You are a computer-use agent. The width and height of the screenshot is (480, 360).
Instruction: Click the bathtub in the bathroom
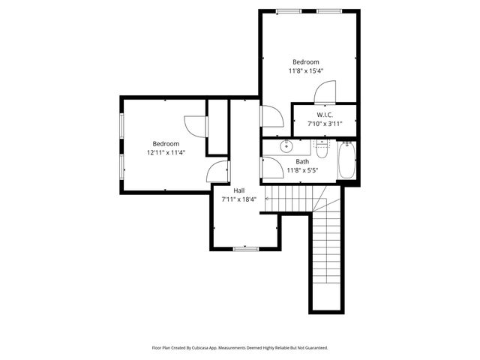tap(346, 160)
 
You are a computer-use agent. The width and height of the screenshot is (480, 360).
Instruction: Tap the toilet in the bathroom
tap(322, 150)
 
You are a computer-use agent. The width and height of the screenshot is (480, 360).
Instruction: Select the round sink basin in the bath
tap(286, 146)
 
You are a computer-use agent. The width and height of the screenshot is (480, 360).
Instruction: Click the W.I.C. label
tap(325, 115)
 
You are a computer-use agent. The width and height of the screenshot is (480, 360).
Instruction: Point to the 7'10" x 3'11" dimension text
tap(325, 123)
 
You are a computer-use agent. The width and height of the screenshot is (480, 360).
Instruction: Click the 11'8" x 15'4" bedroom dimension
tap(306, 70)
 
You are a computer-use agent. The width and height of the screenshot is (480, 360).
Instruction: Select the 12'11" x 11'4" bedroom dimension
tap(166, 152)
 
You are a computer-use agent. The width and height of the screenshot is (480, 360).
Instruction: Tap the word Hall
tap(238, 190)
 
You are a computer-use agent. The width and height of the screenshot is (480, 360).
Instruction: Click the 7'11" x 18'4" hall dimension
tap(238, 199)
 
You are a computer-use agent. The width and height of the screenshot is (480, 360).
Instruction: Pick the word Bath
tap(302, 161)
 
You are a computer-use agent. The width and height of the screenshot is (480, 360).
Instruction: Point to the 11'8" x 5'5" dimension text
tap(302, 169)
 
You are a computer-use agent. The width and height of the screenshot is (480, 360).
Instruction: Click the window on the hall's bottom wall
tap(245, 248)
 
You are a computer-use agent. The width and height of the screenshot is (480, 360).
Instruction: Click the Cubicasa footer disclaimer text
tap(240, 347)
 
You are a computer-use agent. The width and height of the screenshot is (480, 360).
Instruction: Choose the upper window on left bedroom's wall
tap(121, 127)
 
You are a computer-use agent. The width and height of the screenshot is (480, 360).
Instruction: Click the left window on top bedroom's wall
tap(286, 10)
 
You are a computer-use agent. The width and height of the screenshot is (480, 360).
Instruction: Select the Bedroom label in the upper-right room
tap(306, 62)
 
